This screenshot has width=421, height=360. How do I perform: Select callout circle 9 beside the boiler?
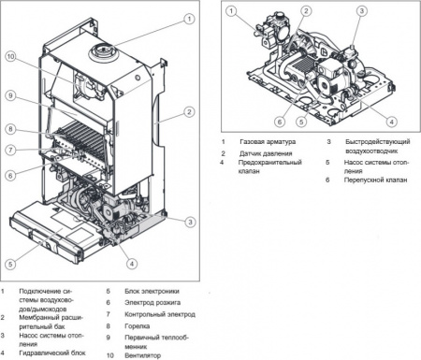click(9, 95)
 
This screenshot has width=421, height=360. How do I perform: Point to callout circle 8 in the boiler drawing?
click(9, 128)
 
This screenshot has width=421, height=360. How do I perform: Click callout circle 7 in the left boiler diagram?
click(9, 150)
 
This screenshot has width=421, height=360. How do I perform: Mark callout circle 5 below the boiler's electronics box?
click(9, 263)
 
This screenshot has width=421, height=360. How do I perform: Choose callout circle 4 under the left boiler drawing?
click(131, 264)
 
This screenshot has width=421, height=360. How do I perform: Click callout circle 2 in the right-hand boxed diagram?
click(305, 12)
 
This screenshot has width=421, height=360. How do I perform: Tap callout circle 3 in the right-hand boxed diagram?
click(361, 11)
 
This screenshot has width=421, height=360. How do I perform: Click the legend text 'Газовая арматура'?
click(269, 142)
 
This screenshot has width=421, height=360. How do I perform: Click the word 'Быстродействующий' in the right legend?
click(371, 142)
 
